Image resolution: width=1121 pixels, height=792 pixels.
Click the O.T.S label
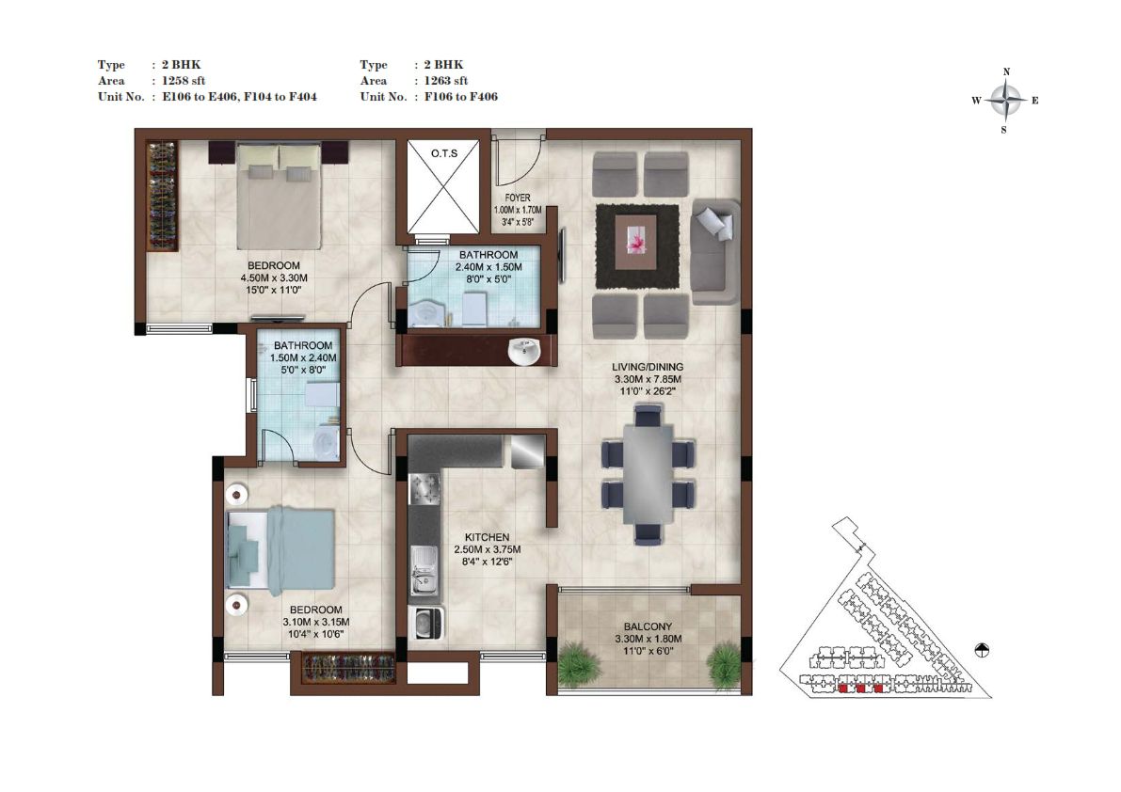444,153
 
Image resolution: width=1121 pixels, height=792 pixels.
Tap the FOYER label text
518,198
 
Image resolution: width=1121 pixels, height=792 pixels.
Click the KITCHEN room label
487,537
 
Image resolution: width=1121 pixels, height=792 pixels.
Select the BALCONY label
648,626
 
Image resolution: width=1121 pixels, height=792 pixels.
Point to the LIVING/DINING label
648,367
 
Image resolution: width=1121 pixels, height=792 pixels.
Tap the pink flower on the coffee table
635,241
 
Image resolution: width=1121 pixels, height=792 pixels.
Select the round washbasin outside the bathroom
524,352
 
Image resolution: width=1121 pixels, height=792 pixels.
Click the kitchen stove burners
424,489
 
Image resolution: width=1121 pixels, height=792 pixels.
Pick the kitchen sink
424,570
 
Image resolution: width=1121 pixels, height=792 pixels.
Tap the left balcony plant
575,663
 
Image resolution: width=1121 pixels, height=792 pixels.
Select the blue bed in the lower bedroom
281,551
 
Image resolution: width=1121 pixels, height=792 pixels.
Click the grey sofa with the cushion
715,252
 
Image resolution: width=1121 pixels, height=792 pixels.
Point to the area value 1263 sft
446,81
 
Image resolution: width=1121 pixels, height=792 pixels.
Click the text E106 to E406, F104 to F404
239,96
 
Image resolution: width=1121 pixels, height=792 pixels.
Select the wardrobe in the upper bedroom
162,195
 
